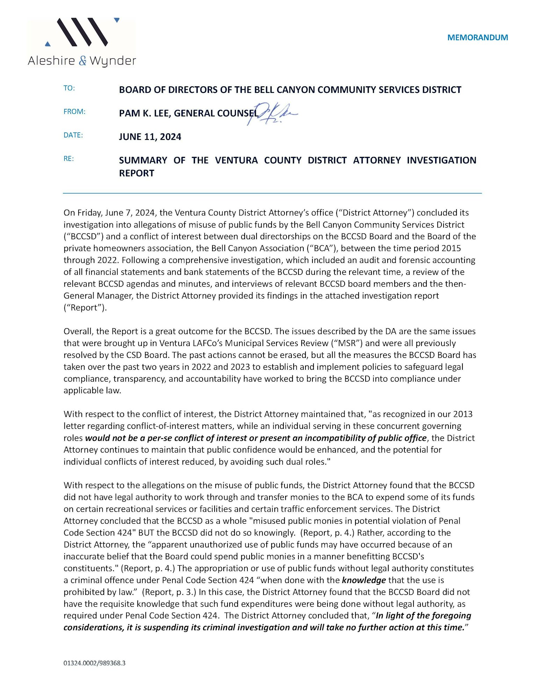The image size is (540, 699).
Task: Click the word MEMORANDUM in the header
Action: (x=477, y=37)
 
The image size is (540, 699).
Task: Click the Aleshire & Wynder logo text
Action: (x=82, y=61)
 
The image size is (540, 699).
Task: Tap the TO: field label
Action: (x=69, y=88)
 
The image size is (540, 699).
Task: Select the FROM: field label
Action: (x=74, y=111)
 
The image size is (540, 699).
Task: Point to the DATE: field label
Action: (x=73, y=135)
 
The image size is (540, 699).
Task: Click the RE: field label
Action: (x=69, y=158)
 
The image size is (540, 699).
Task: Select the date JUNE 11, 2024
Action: (x=150, y=137)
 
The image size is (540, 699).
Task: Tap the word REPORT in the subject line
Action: (x=136, y=173)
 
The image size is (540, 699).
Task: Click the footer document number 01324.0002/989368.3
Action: (x=94, y=663)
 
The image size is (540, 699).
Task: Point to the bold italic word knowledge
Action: (x=364, y=580)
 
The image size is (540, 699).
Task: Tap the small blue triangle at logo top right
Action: (x=117, y=20)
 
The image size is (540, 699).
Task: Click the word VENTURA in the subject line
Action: (x=236, y=160)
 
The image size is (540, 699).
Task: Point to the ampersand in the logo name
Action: (x=82, y=61)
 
